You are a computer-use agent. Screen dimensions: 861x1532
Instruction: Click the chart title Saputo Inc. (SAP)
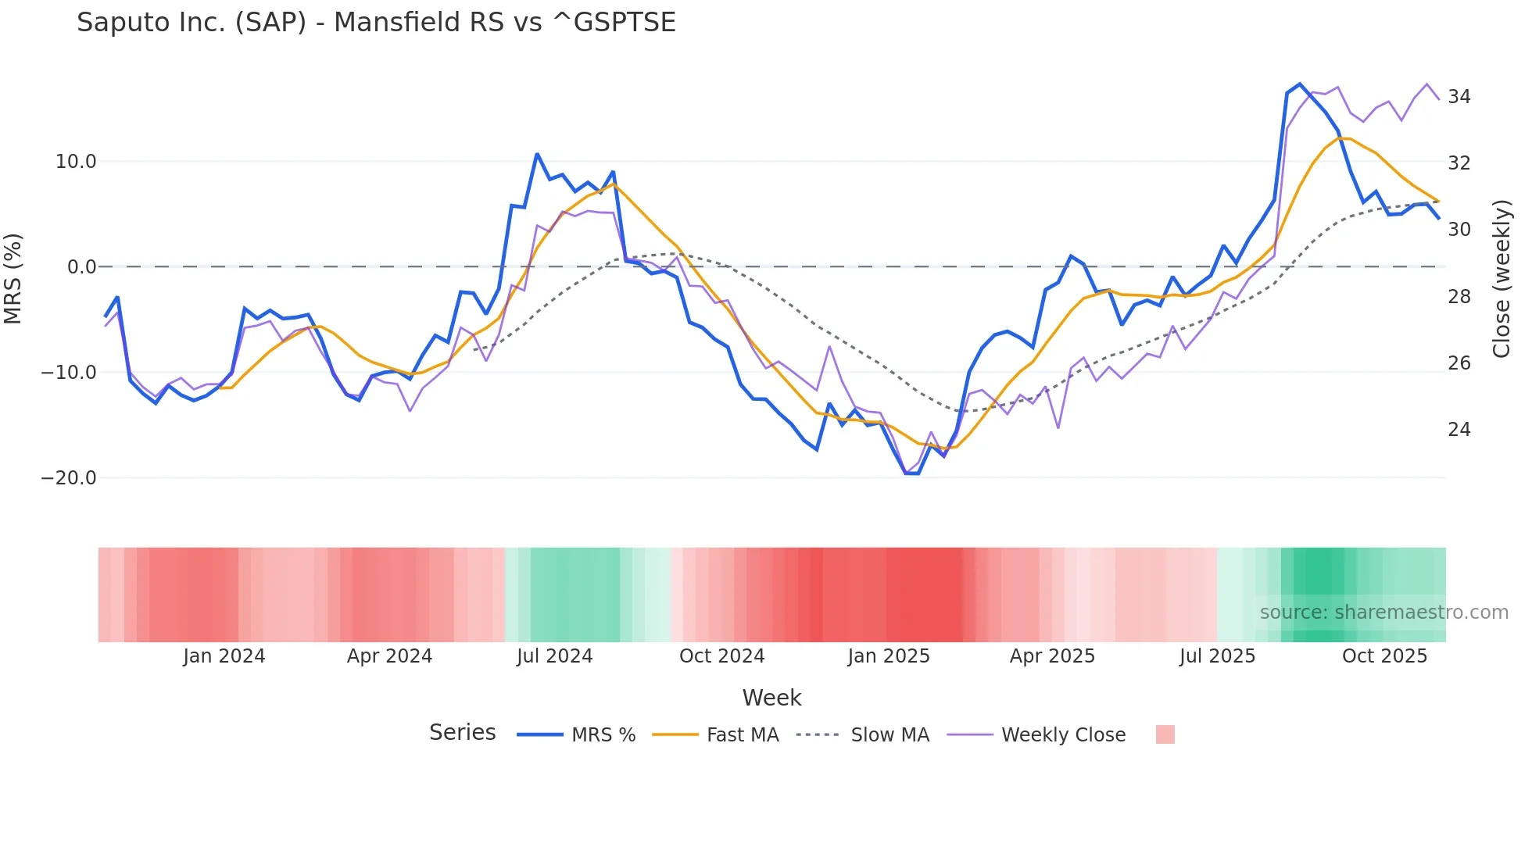376,23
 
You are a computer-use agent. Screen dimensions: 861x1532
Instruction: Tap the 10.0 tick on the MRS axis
76,162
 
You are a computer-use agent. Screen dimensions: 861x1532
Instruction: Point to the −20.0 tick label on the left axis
69,477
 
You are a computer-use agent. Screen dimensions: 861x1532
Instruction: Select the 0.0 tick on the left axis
82,267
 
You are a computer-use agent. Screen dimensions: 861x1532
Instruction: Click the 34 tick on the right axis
1459,97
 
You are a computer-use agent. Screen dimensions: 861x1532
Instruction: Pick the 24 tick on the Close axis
1459,430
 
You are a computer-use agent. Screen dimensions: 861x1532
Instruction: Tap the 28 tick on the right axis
1459,297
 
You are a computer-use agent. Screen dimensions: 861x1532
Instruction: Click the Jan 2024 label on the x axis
224,656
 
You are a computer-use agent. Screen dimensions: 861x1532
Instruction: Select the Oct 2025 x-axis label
1384,656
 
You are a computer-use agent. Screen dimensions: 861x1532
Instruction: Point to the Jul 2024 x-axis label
554,656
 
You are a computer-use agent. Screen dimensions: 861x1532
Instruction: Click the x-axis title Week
771,698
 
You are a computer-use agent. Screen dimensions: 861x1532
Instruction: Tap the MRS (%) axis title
13,278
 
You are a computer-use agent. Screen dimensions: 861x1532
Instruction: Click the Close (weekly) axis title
1502,278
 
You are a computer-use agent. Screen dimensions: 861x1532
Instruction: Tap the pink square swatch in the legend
1165,734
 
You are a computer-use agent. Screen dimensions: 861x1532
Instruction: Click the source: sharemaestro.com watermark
1383,613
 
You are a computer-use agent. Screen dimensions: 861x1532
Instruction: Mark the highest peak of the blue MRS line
1300,84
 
